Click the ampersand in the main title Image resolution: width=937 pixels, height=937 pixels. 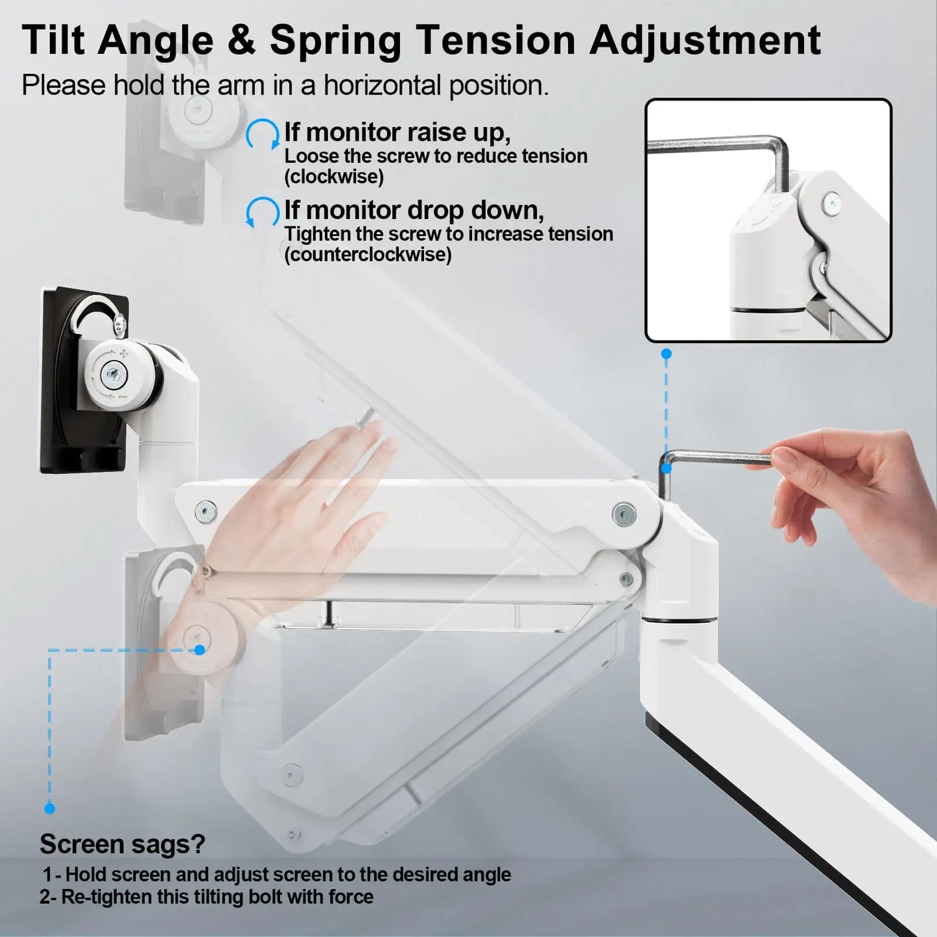[x=241, y=40]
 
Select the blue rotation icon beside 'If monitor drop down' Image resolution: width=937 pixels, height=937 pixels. [x=263, y=212]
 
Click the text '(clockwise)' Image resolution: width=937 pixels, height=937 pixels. [x=334, y=176]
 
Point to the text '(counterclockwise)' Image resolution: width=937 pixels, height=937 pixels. [x=368, y=254]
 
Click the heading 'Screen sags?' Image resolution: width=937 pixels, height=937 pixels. [x=123, y=844]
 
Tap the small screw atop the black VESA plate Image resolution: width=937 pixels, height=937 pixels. [x=119, y=324]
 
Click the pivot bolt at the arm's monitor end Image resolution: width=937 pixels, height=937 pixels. [x=206, y=512]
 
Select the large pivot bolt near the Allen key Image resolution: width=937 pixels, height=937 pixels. [x=624, y=514]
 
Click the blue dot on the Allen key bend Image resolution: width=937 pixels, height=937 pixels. [x=667, y=469]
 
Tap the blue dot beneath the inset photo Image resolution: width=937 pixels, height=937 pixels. [x=667, y=354]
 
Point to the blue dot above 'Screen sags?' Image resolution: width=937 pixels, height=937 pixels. [x=49, y=809]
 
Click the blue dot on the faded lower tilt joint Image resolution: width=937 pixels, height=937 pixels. [x=199, y=650]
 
